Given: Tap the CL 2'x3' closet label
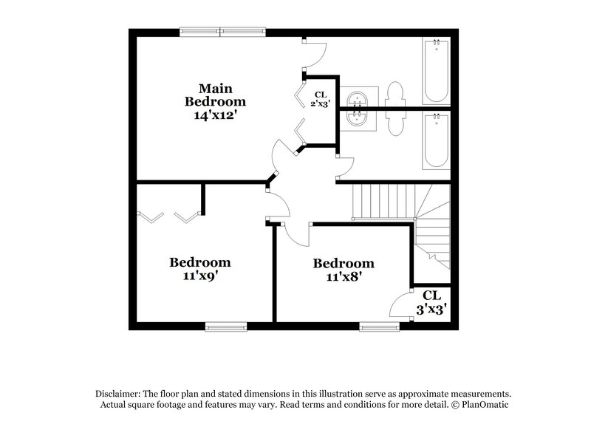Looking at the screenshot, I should pyautogui.click(x=321, y=98).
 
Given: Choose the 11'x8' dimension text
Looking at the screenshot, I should pyautogui.click(x=343, y=277).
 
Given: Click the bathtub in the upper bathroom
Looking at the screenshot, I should pyautogui.click(x=436, y=70).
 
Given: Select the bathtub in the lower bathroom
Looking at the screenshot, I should pyautogui.click(x=436, y=140).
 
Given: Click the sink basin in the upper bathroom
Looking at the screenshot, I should pyautogui.click(x=358, y=98).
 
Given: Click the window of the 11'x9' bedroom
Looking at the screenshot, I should pyautogui.click(x=225, y=325).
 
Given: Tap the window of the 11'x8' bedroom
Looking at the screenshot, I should pyautogui.click(x=379, y=325).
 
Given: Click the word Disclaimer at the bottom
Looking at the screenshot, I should pyautogui.click(x=117, y=394).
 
